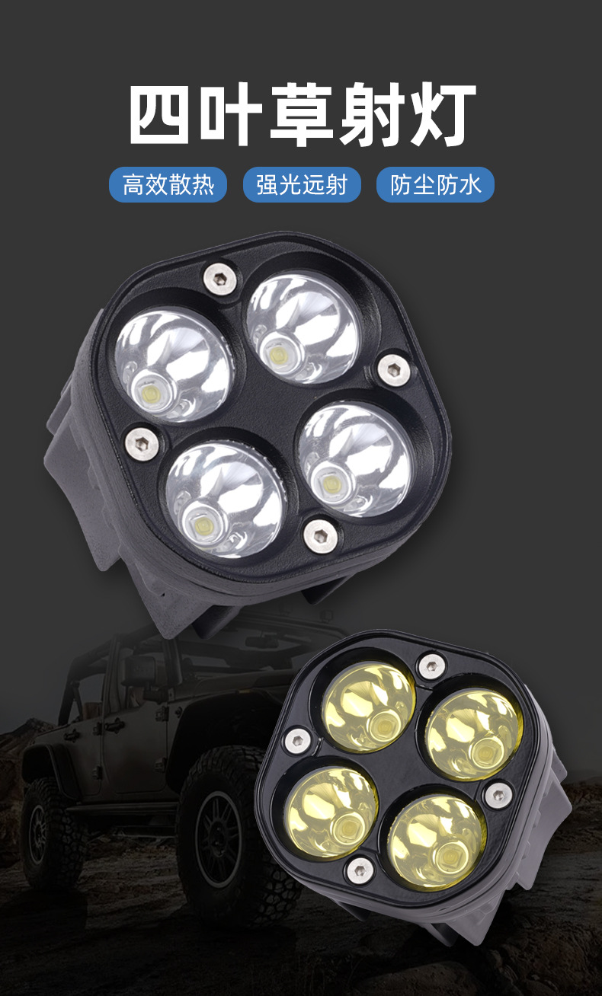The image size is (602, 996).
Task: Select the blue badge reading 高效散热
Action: [x=168, y=184]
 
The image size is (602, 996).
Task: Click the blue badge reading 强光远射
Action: [x=302, y=184]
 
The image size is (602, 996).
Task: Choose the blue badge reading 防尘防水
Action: [x=435, y=184]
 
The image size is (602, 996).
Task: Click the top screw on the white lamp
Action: [x=219, y=279]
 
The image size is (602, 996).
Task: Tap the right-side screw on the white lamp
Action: [x=394, y=370]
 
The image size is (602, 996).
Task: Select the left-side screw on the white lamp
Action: [x=142, y=443]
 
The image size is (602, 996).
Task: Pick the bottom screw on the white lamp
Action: [x=320, y=536]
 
